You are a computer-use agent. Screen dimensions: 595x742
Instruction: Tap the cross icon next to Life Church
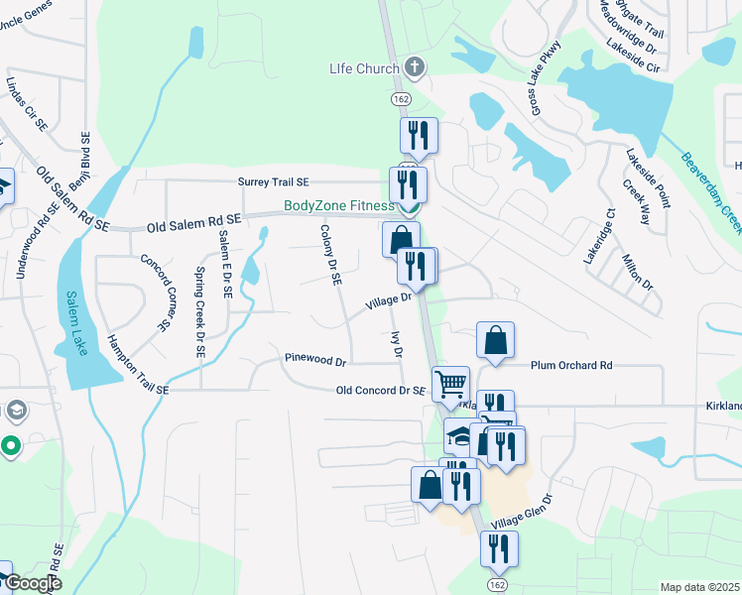[416, 68]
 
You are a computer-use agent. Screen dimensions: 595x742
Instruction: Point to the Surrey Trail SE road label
[273, 182]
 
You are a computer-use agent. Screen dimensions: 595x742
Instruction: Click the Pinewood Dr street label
[314, 362]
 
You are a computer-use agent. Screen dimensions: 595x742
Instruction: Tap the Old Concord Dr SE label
[380, 392]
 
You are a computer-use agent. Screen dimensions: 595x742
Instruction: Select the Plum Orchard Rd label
[571, 365]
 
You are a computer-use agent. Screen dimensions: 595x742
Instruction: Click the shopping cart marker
[451, 384]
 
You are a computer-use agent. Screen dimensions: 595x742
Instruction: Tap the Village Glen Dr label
[520, 512]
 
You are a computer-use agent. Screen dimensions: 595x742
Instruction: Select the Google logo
[32, 583]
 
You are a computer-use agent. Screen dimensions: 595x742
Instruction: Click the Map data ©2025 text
[699, 587]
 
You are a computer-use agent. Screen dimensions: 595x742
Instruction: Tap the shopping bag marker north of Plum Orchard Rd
[495, 340]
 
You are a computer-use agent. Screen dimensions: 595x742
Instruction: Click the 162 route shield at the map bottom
[496, 585]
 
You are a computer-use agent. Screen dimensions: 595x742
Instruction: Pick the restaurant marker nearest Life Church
[419, 136]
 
